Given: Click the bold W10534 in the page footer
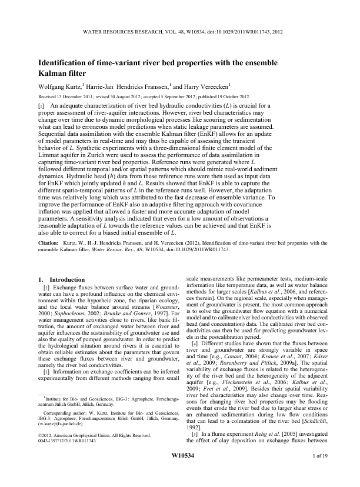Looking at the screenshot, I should pos(179,471).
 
